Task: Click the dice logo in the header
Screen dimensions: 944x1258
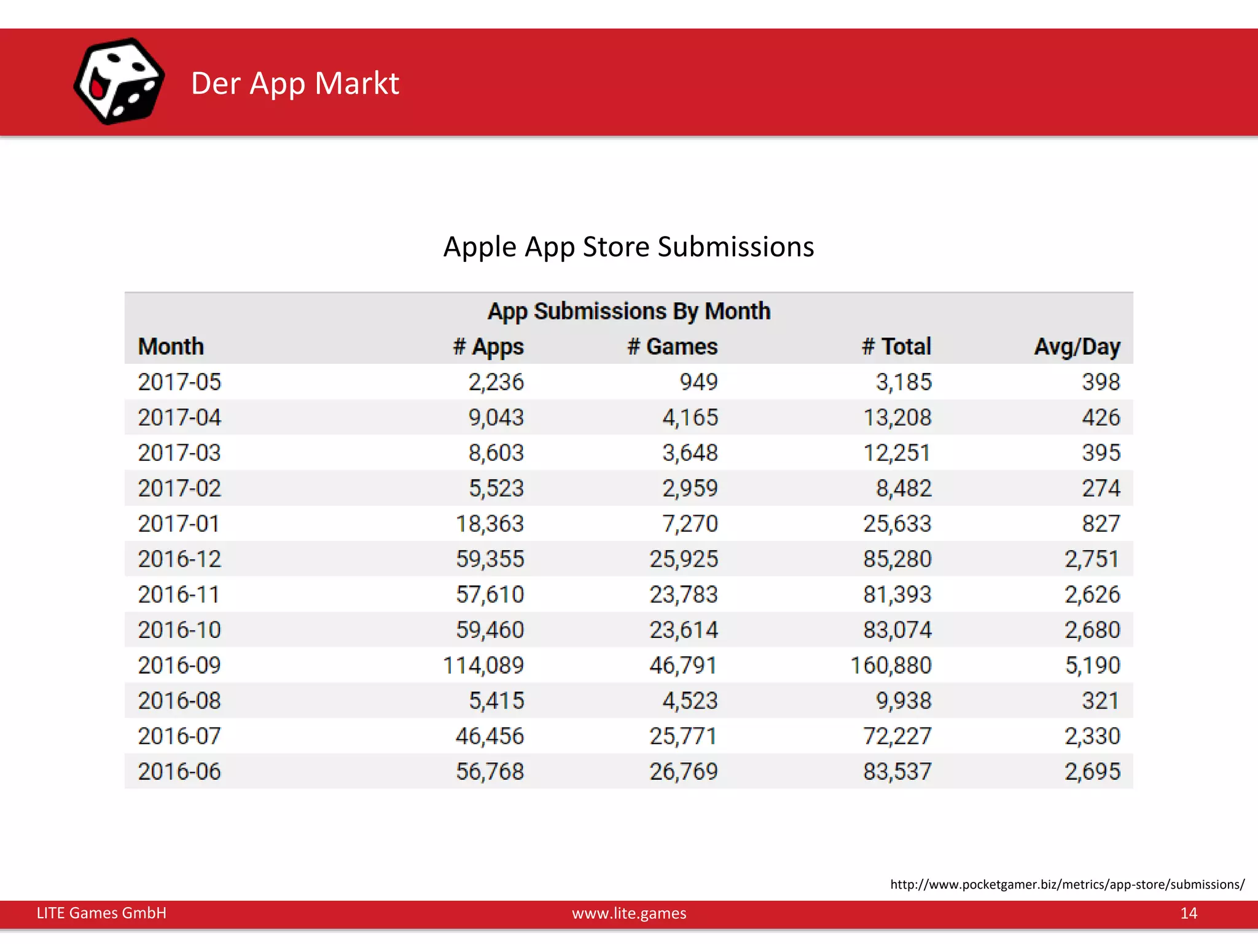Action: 119,81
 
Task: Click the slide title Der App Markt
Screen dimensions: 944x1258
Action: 295,83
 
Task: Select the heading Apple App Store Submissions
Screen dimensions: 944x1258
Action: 628,247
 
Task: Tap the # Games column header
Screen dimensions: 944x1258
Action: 672,347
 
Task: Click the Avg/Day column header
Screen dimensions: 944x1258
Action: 1077,347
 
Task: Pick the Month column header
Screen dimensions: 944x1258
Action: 171,347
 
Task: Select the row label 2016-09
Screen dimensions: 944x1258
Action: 179,665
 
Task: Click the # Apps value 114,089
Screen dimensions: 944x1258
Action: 483,665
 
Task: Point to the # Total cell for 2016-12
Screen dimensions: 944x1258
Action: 897,559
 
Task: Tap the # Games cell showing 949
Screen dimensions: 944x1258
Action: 698,382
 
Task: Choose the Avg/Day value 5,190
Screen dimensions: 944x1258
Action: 1092,665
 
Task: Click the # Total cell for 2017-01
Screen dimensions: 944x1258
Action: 897,524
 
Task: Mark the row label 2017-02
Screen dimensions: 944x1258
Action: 179,488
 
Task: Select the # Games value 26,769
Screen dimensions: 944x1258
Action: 684,771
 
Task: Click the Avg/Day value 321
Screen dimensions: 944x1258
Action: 1100,701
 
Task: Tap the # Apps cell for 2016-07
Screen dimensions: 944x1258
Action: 490,736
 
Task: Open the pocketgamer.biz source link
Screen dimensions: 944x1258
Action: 1067,884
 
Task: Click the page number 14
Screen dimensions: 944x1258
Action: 1188,913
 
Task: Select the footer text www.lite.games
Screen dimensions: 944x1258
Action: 628,913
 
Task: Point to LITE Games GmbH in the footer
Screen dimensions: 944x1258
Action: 101,913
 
